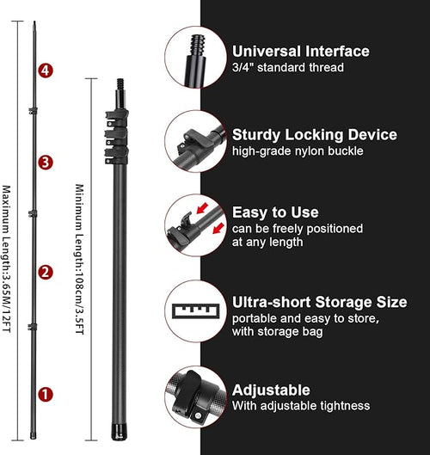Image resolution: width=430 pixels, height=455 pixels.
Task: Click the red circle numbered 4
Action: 46,71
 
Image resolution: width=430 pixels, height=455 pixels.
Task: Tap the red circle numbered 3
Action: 46,163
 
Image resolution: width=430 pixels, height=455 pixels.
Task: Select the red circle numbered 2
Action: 46,272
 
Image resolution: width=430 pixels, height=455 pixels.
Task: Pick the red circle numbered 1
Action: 46,395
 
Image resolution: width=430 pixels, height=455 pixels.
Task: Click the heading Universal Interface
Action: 301,52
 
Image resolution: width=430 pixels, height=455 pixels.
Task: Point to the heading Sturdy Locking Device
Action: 315,135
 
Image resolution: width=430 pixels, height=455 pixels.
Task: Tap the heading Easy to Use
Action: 275,212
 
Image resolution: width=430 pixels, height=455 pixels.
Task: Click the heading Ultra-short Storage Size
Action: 319,302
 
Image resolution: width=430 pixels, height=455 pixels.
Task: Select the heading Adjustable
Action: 271,390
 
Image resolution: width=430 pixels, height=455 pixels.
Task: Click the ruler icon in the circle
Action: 195,311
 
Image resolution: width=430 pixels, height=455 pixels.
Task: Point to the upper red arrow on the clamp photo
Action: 202,208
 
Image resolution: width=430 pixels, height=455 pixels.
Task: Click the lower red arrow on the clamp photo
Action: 218,228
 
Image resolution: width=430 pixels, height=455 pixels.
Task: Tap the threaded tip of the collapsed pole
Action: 120,84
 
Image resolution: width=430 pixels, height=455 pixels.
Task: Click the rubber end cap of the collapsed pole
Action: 120,432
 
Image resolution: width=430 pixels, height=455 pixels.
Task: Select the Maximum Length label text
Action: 7,259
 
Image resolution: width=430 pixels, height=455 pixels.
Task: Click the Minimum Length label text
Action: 79,259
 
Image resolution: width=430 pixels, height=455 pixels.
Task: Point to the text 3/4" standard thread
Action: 288,68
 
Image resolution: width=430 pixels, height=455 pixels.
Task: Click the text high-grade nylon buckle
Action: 298,151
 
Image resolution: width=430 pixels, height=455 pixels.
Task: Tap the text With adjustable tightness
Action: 301,406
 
